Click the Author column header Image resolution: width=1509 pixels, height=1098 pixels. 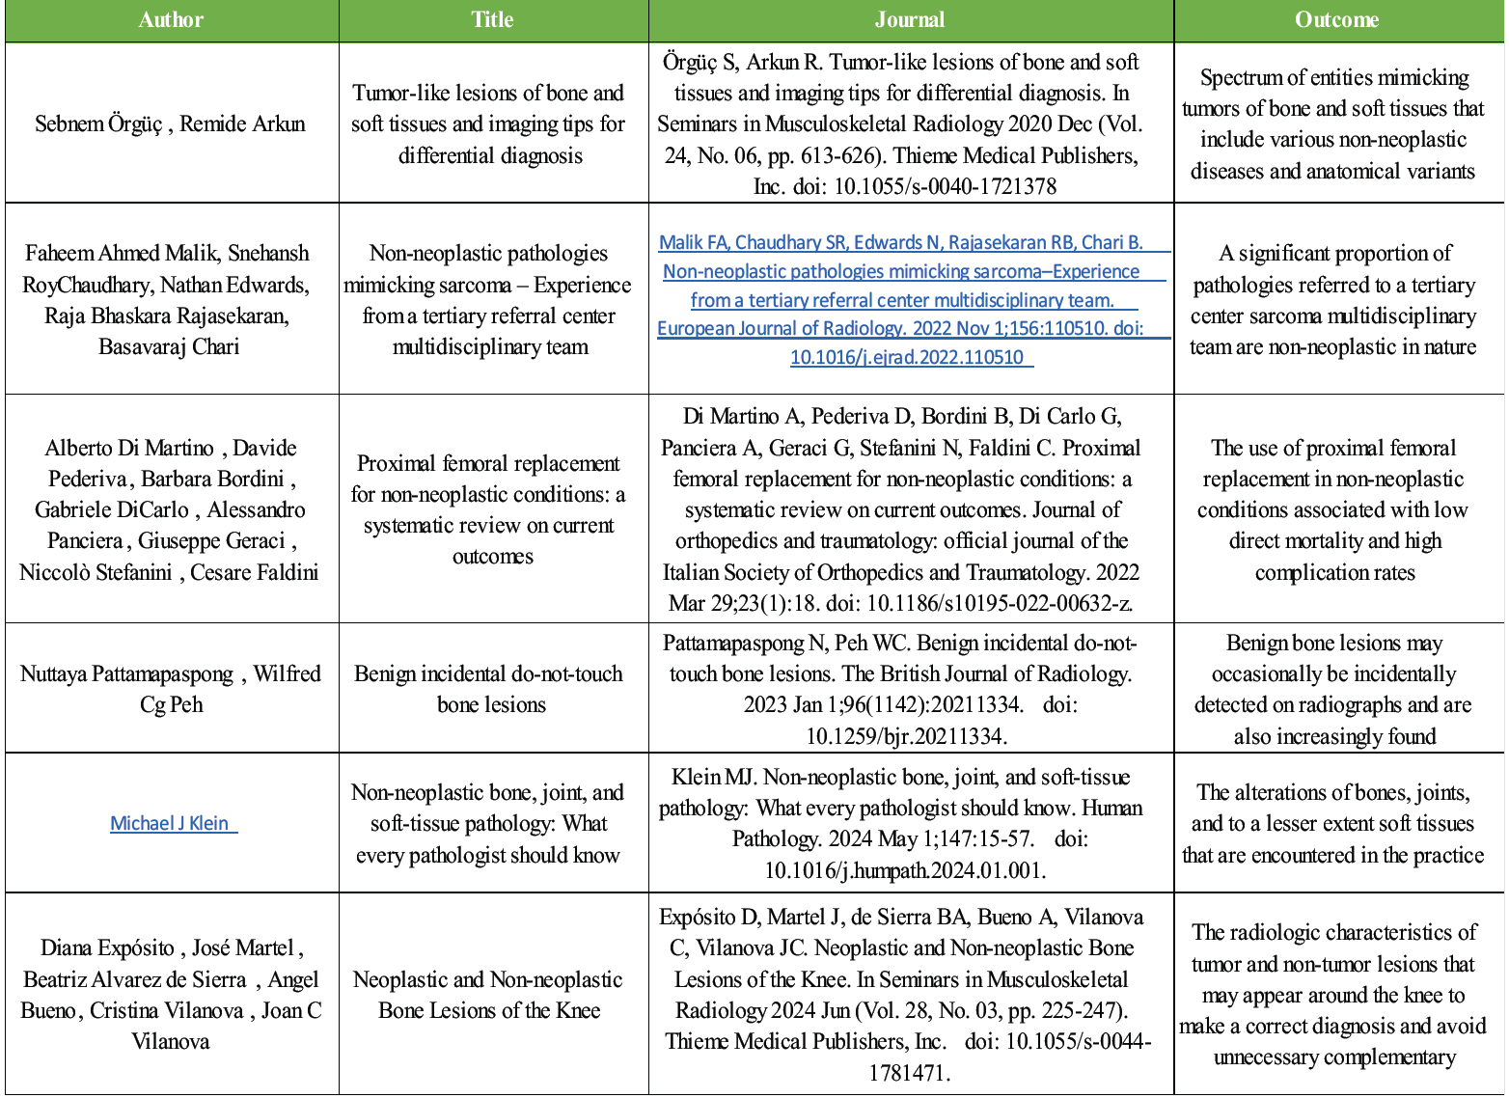tap(171, 20)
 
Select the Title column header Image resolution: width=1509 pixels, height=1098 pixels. tap(492, 20)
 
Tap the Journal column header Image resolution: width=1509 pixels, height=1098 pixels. tap(910, 20)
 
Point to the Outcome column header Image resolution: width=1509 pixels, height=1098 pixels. tap(1336, 20)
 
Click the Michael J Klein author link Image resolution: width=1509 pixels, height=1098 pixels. tap(170, 823)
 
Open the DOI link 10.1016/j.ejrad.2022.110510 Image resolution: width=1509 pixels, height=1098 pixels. tap(907, 357)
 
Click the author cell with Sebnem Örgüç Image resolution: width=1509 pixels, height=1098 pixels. tap(170, 124)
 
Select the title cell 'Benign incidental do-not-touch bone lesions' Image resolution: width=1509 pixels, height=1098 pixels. tap(490, 689)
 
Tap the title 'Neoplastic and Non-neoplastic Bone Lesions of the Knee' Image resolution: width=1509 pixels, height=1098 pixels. tap(489, 995)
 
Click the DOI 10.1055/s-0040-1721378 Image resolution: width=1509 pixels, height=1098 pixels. tap(945, 186)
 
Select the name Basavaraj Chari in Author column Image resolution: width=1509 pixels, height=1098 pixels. tap(169, 346)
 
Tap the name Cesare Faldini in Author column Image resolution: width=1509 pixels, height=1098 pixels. tap(254, 572)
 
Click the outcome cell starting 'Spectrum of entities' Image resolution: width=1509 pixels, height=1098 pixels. tap(1334, 124)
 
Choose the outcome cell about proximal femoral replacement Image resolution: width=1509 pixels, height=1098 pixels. tap(1334, 509)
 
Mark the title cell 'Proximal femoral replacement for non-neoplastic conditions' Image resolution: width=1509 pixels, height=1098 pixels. tap(489, 509)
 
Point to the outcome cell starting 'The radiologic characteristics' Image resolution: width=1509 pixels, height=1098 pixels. tap(1334, 995)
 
